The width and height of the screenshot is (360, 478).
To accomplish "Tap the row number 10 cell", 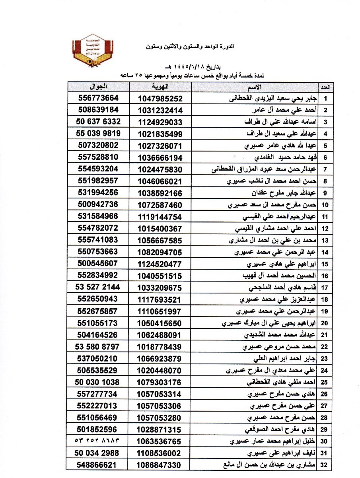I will (325, 205).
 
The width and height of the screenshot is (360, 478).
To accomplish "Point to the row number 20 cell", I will (325, 323).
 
